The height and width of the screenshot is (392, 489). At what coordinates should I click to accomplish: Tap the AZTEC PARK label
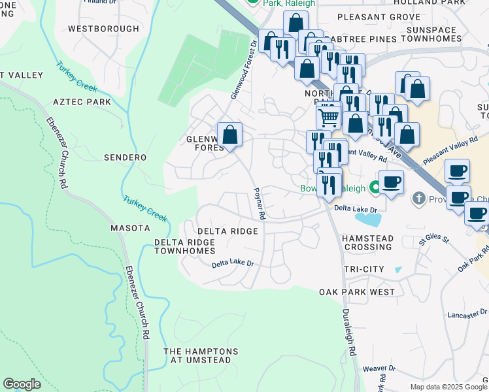tap(82, 103)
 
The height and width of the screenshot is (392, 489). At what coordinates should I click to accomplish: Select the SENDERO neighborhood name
tap(125, 157)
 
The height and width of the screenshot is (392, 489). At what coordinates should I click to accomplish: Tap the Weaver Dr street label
tap(380, 368)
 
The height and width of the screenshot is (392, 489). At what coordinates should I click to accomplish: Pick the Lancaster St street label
tap(467, 315)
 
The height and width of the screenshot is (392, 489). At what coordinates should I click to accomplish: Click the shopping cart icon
tap(328, 118)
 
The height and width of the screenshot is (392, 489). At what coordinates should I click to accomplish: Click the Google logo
tap(22, 384)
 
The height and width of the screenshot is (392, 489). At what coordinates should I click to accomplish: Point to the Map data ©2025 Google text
tap(448, 387)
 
